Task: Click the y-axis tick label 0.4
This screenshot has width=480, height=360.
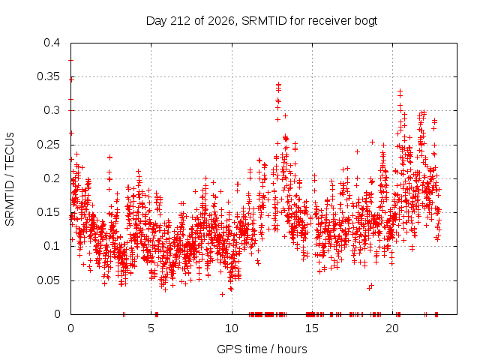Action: coord(52,43)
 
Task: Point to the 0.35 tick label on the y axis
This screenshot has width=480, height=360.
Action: coord(48,76)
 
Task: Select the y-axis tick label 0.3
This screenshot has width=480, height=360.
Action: coord(52,110)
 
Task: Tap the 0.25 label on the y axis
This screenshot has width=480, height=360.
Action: coord(48,145)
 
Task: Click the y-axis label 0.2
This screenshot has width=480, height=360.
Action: coord(52,178)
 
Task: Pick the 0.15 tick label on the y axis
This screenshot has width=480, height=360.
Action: coord(48,212)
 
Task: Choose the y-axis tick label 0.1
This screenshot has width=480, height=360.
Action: coord(52,246)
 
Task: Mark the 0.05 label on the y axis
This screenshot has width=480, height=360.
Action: coord(48,280)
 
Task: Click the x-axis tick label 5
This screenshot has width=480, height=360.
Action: coord(151,328)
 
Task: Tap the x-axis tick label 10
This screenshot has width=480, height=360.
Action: coord(232,328)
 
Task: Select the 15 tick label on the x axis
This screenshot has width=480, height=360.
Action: coord(312,328)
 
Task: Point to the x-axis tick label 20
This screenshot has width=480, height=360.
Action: coord(392,328)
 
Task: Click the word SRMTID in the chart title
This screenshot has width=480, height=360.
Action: coord(264,21)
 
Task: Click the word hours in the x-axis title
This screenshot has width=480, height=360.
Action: coord(292,349)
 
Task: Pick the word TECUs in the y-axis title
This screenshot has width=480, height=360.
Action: coord(10,151)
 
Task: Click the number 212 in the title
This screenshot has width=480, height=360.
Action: coord(180,21)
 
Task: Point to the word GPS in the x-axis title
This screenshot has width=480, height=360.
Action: coord(226,349)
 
